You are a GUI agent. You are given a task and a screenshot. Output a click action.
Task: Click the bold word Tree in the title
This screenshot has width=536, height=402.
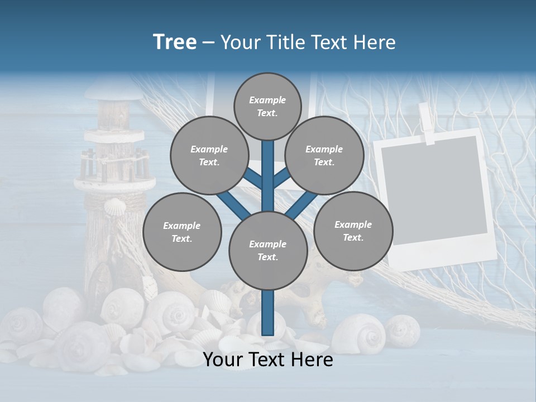click(x=175, y=42)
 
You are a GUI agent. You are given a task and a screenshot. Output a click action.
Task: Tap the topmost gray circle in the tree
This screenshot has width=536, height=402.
click(x=267, y=106)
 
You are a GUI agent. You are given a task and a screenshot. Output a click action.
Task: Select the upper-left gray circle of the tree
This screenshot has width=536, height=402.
click(x=209, y=155)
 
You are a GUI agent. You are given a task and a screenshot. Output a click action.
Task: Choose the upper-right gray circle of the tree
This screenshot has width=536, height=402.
click(x=324, y=155)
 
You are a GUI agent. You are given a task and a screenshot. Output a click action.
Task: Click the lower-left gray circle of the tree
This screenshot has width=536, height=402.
click(x=182, y=232)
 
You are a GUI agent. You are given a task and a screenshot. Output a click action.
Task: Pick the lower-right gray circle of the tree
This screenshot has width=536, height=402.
click(x=353, y=231)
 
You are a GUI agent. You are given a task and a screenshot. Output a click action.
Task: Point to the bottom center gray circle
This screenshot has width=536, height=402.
click(x=268, y=251)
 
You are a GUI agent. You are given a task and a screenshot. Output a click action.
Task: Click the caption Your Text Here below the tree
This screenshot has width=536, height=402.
click(x=268, y=360)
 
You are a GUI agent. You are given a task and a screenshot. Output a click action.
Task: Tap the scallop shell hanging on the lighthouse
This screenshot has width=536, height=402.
click(x=116, y=209)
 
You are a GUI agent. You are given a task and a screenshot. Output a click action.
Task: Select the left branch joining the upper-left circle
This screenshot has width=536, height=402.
click(x=253, y=179)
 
